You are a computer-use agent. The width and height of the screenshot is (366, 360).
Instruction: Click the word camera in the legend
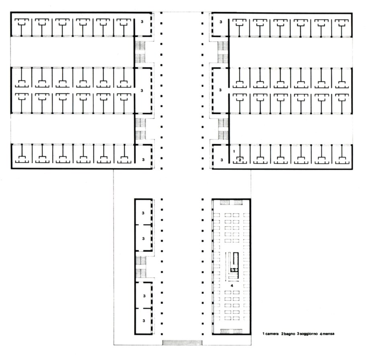pos(272,334)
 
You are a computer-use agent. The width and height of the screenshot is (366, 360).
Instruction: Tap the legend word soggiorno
pos(309,334)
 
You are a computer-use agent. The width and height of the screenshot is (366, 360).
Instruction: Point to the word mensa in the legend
pos(329,334)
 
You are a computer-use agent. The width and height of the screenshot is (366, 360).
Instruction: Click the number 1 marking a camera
pos(234,151)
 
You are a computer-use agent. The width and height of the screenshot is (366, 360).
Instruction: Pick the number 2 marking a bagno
pos(239,160)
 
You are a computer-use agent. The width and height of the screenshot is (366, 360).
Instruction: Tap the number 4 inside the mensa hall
pos(232,286)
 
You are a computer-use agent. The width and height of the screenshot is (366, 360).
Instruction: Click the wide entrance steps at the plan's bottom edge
pos(182,342)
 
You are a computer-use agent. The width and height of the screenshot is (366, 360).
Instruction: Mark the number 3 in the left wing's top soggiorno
pos(142,22)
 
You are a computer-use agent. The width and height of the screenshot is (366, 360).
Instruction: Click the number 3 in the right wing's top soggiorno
pos(221,22)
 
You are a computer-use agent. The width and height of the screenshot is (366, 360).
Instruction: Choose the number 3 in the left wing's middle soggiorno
pos(142,91)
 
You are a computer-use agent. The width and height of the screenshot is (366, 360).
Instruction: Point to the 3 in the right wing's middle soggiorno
pos(220,90)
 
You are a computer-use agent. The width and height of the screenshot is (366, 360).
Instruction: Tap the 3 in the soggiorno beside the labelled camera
pos(222,160)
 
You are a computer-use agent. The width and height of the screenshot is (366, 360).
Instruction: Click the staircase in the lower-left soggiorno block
pos(141,267)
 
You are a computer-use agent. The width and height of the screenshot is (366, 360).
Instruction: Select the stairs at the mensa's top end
pos(231,202)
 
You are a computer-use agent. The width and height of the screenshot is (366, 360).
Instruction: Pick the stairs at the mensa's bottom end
pos(231,331)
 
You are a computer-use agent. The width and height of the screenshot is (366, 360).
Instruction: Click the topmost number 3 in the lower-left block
pos(143,213)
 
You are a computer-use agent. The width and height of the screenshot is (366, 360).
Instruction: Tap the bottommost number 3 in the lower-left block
pos(144,321)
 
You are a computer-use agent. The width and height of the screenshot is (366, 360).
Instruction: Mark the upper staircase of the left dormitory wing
pos(140,52)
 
